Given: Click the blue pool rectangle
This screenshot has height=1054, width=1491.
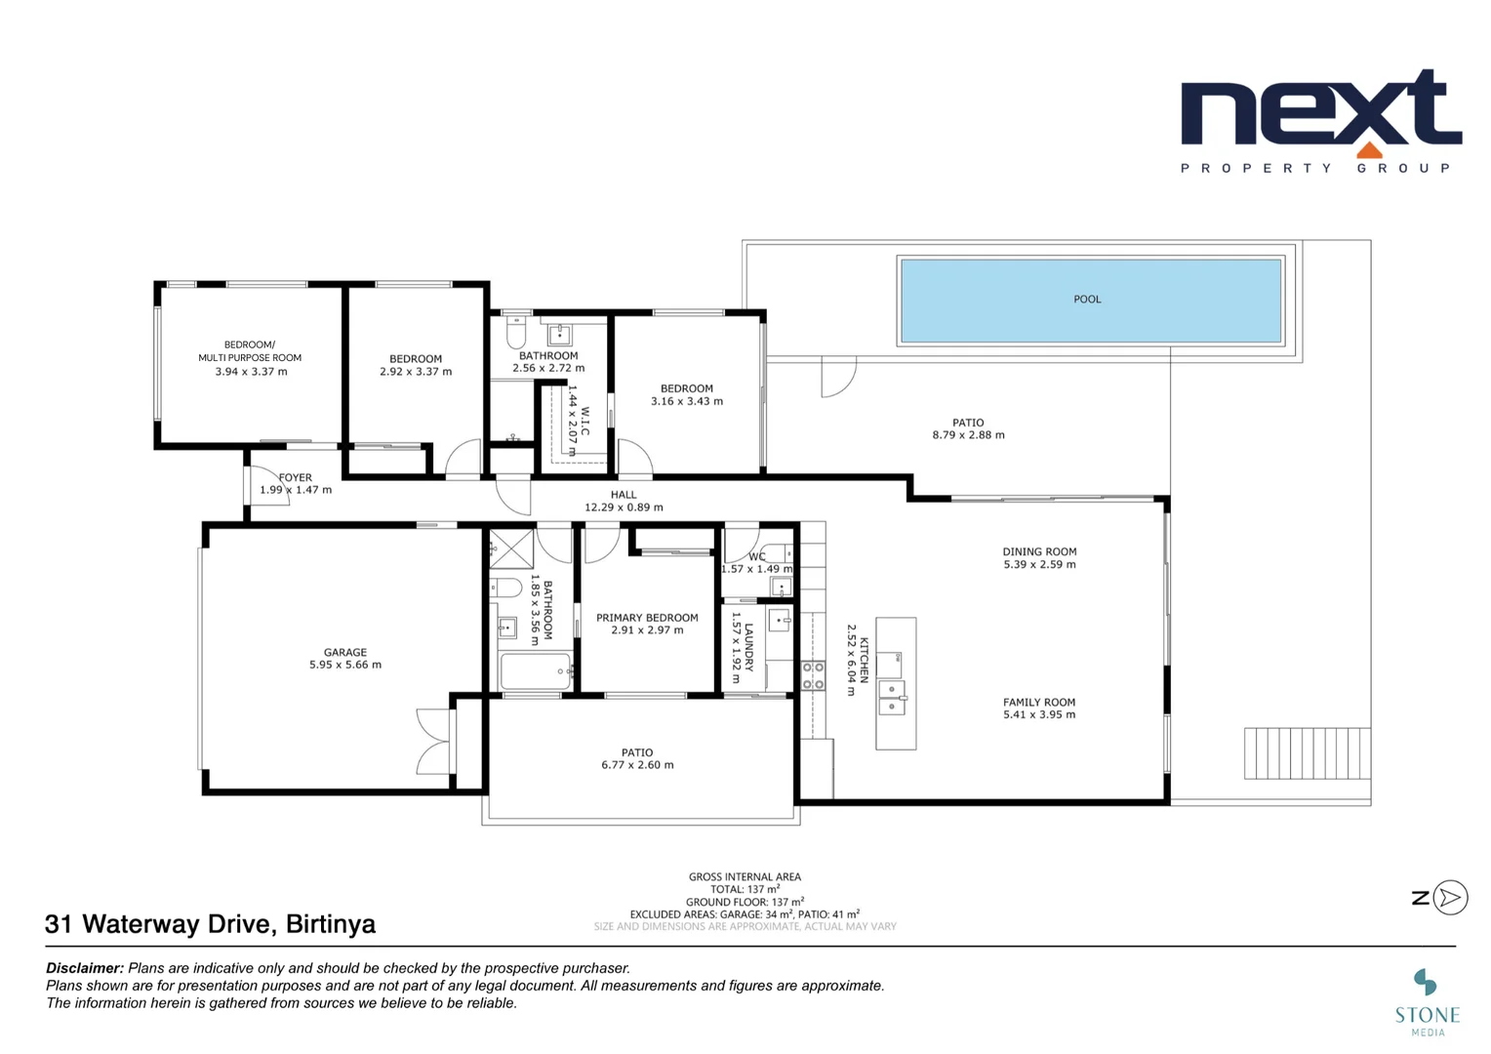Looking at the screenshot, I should (x=1090, y=300).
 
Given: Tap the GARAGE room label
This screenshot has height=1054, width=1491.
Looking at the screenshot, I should (x=345, y=652).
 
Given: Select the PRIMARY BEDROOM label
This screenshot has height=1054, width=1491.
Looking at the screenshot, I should (x=647, y=618).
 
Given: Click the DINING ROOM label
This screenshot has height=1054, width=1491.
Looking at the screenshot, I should (x=1039, y=551).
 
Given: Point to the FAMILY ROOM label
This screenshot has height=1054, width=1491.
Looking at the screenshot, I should (x=1039, y=702).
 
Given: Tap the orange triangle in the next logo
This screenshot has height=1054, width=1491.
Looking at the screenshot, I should (x=1369, y=149).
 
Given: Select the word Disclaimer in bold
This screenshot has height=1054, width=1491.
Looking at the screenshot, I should (x=85, y=968).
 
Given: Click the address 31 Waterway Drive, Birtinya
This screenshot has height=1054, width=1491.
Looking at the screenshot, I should (x=210, y=924).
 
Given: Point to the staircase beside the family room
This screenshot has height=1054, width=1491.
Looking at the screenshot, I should (x=1307, y=753).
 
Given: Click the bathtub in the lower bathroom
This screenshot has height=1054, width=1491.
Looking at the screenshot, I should (x=535, y=671).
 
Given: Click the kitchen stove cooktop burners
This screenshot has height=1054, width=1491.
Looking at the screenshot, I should (x=813, y=675).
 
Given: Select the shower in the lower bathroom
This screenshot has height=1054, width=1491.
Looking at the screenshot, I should (x=511, y=548).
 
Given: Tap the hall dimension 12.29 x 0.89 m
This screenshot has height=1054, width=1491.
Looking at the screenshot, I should (x=624, y=507).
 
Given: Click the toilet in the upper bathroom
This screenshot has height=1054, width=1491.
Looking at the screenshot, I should (x=516, y=333).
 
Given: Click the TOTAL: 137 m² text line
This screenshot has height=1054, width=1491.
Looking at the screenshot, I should (x=745, y=889).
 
